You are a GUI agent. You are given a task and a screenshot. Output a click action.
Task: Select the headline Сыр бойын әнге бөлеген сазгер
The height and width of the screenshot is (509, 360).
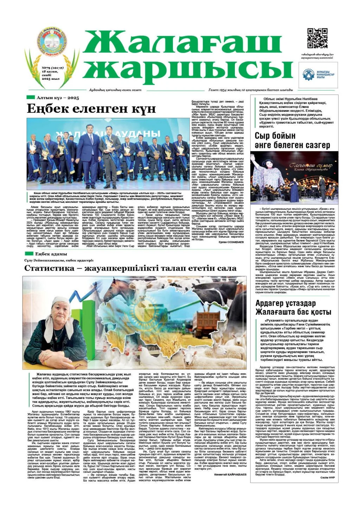click(x=292, y=140)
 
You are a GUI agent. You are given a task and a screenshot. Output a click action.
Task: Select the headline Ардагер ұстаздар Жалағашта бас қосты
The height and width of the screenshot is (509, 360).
click(x=293, y=308)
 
